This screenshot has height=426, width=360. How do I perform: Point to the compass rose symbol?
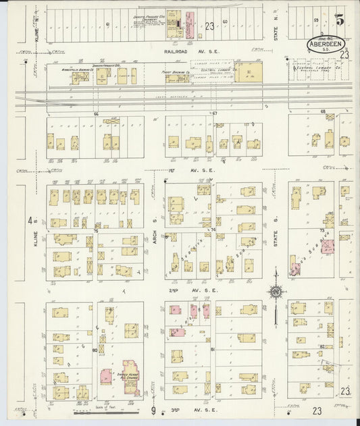275,292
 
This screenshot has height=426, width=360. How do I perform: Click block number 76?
97,231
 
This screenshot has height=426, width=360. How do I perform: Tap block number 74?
213,230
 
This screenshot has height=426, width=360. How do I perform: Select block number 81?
212,349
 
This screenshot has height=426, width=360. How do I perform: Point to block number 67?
214,113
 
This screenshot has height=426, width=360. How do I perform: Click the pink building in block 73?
328,246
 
